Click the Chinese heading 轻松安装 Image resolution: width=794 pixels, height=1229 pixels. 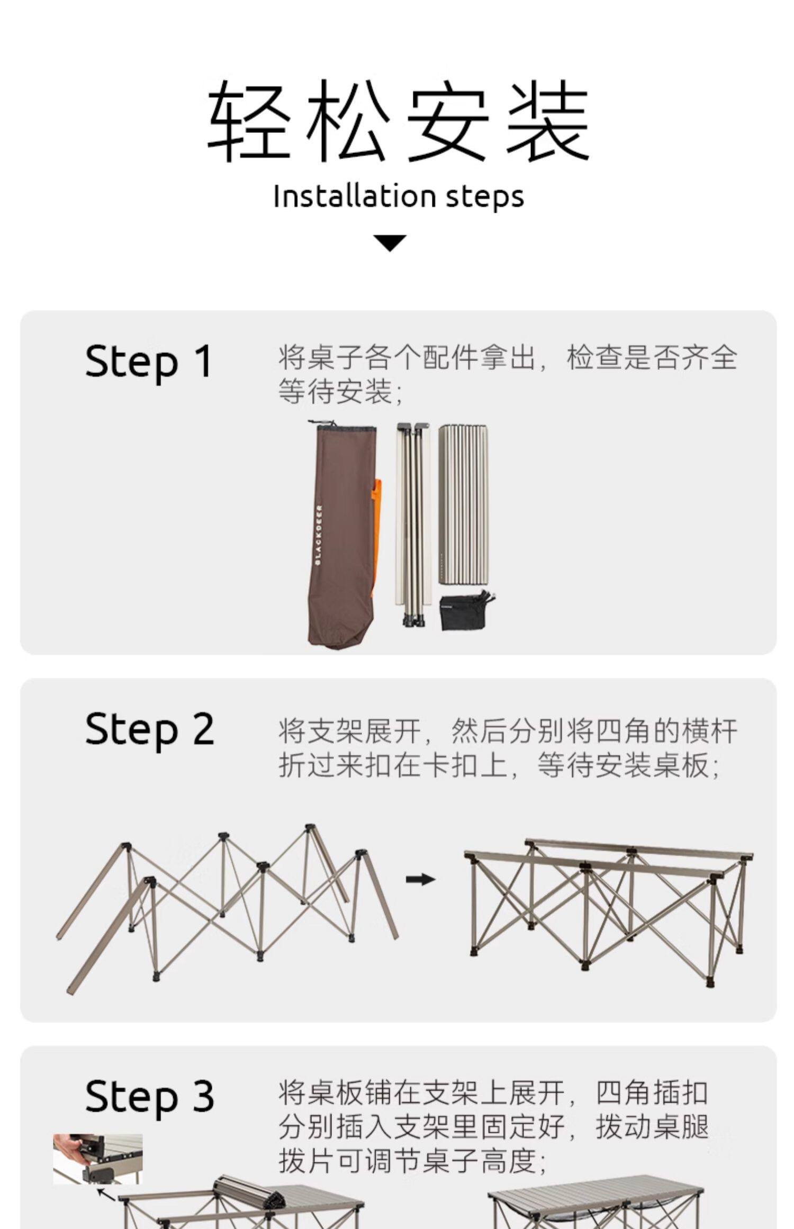click(x=398, y=121)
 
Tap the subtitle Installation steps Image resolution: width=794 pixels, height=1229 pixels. click(x=399, y=196)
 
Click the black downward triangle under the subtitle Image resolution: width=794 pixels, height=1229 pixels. click(x=390, y=243)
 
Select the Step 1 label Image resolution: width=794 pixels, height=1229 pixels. click(x=149, y=362)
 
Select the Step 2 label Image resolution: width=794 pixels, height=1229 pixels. click(x=150, y=729)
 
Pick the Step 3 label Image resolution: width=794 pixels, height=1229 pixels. click(x=150, y=1096)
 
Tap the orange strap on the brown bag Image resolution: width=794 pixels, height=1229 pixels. click(x=377, y=535)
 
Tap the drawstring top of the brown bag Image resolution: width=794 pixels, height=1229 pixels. click(x=341, y=427)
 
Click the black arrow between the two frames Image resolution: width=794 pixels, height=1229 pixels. click(x=420, y=879)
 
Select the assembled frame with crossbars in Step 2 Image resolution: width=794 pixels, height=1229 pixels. click(x=609, y=910)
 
